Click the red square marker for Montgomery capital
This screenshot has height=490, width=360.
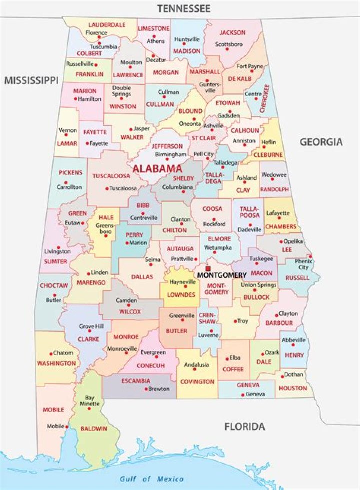[208, 269]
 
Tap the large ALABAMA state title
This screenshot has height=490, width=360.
[157, 169]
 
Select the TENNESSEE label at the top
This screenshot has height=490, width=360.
[183, 8]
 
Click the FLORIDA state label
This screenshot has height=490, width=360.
[244, 427]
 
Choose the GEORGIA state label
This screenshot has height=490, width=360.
[321, 142]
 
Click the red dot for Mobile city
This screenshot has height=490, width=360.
[67, 426]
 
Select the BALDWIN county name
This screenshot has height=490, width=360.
[95, 429]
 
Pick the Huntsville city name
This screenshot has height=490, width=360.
[187, 39]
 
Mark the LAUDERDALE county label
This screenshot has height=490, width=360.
[107, 25]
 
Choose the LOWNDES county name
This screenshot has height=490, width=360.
[181, 295]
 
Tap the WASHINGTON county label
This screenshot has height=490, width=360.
[56, 363]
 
